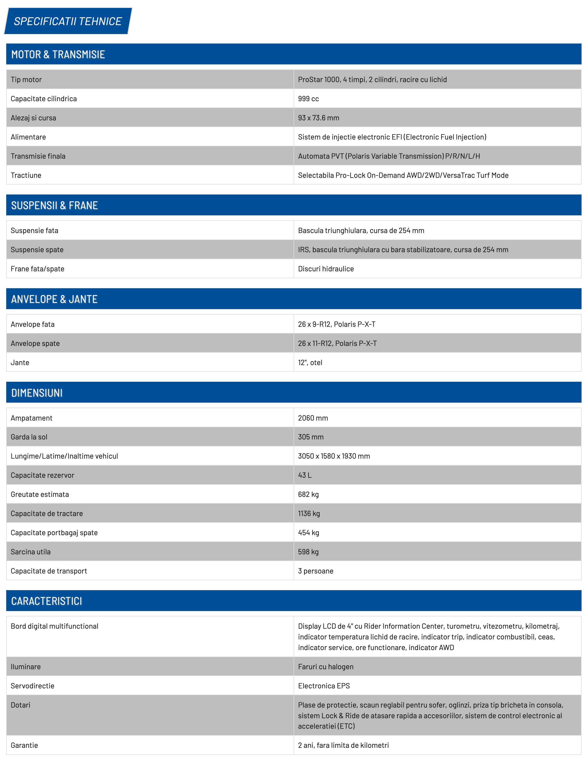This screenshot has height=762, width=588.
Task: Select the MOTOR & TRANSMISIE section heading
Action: point(58,54)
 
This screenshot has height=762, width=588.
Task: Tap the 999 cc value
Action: point(308,99)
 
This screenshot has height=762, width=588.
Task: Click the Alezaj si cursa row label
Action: point(34,118)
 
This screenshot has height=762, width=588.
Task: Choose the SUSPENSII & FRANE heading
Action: point(54,205)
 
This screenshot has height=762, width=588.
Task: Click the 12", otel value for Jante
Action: point(310,363)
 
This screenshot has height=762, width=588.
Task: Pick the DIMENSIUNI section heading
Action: point(37,393)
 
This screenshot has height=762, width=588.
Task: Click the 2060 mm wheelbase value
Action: point(313,418)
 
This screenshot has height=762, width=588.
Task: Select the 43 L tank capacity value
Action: point(305,475)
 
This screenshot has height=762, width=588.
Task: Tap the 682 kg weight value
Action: point(308,494)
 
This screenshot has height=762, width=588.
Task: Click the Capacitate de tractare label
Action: point(47,514)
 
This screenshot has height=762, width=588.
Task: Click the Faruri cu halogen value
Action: point(325,667)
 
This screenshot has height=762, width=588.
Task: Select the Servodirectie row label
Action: point(32,686)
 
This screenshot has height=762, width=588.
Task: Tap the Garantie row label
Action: point(24,745)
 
